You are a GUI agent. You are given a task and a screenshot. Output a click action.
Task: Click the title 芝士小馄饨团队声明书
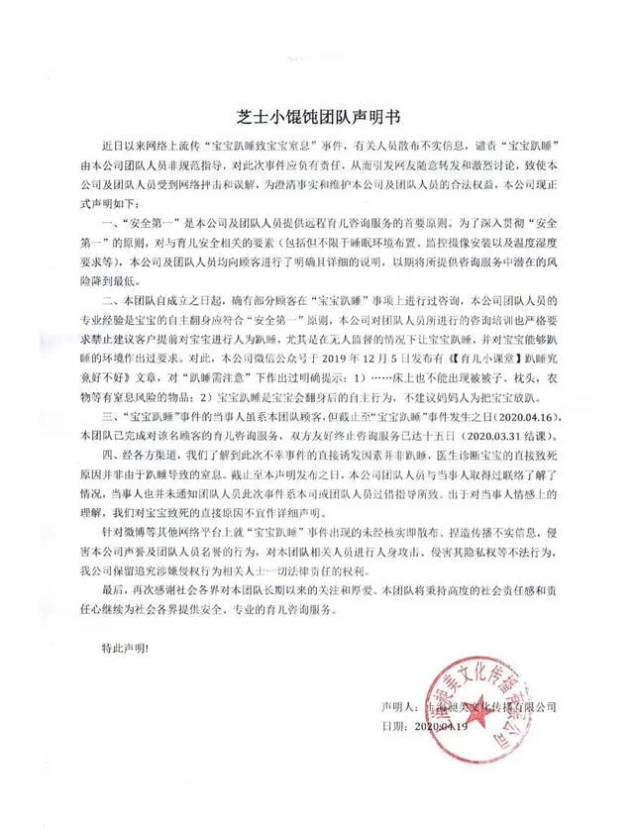coord(317,114)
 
